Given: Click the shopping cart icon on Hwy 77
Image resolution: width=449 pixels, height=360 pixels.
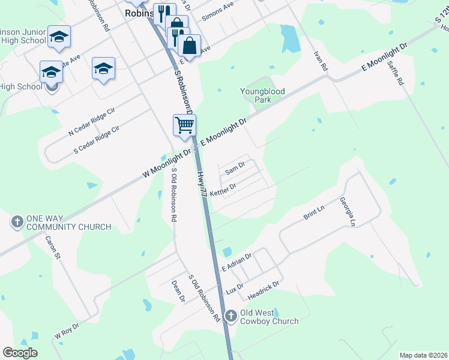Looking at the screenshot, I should (184, 125).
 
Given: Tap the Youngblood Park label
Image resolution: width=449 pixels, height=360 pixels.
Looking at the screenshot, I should (262, 95).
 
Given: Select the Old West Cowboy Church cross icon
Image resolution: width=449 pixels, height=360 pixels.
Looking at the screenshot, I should (231, 316).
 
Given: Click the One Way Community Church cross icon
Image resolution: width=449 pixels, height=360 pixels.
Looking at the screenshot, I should (17, 222).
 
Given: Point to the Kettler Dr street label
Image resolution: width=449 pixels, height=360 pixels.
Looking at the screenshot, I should (223, 189).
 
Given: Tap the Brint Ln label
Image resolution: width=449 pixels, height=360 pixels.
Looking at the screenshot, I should (313, 212).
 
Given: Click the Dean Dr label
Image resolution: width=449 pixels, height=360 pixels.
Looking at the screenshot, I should (177, 289).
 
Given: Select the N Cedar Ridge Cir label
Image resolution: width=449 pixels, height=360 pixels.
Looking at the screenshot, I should (91, 121).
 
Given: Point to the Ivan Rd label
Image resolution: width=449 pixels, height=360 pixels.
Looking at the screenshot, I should (319, 61).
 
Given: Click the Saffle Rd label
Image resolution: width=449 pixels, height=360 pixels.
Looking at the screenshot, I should (395, 72).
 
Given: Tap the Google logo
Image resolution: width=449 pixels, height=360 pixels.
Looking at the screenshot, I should (20, 353).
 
